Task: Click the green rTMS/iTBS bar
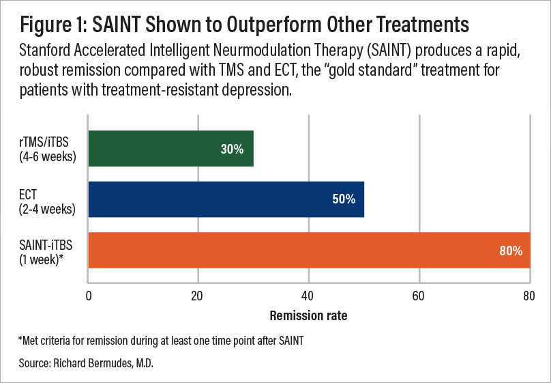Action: pos(170,148)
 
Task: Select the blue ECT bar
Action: pos(226,199)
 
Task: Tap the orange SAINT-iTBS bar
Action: pos(309,251)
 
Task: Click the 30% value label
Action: pos(232,149)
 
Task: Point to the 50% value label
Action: pos(344,199)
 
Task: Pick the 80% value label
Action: pos(510,251)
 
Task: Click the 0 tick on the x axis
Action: pos(89,296)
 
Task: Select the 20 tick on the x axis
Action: pos(198,296)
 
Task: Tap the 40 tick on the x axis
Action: pos(309,296)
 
